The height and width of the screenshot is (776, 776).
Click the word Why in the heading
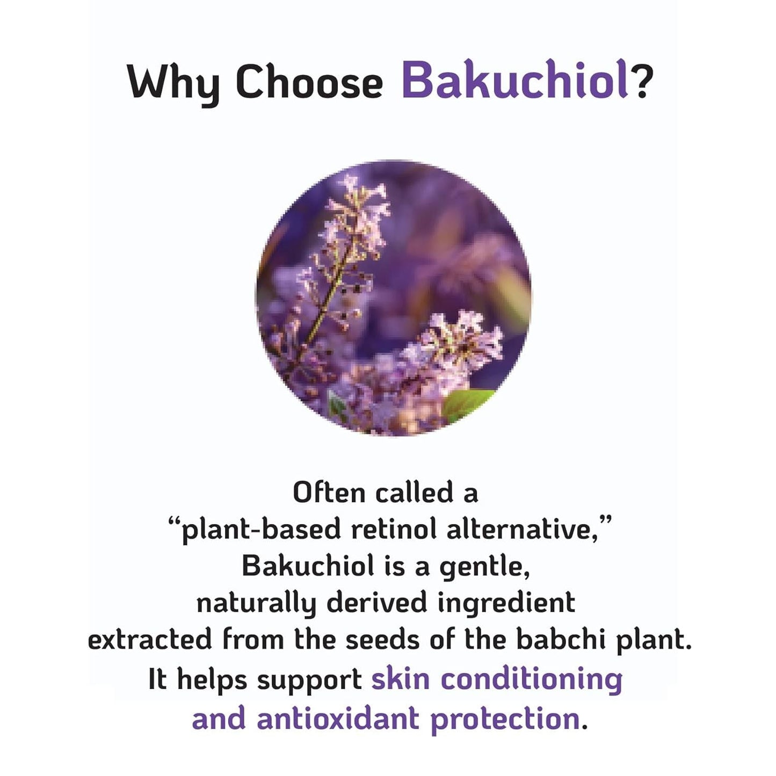173,83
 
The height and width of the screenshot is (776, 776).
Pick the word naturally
256,603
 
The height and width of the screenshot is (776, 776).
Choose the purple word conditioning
532,680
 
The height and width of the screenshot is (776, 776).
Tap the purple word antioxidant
337,719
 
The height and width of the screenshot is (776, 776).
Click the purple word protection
505,719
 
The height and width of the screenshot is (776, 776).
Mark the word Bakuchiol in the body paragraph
308,566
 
